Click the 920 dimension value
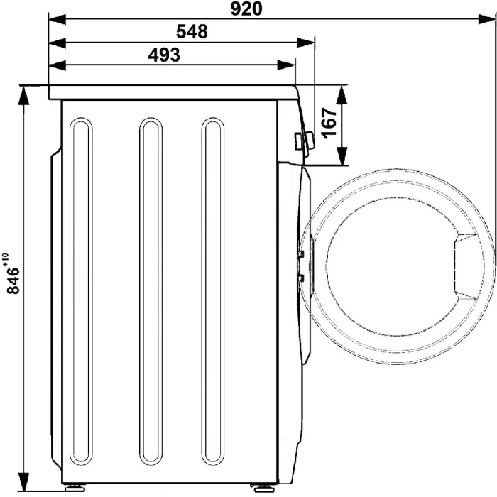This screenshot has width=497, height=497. [246, 9]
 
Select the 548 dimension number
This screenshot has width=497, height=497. [192, 32]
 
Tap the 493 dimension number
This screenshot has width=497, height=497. [164, 55]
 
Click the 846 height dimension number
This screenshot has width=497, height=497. [13, 280]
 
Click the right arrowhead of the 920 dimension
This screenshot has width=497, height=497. [487, 19]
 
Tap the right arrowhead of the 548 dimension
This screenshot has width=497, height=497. [305, 43]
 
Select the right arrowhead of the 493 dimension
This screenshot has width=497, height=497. [286, 65]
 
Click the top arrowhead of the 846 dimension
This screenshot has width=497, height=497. [23, 95]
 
